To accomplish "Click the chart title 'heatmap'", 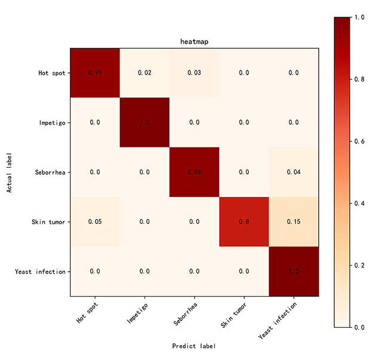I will click(x=194, y=42).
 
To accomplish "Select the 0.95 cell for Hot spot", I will click(x=95, y=72).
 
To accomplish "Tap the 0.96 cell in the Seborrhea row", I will click(x=195, y=172).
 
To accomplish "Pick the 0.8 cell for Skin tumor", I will click(x=244, y=221).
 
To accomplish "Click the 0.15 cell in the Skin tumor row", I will click(x=294, y=221).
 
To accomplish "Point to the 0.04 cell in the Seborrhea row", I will click(x=294, y=172).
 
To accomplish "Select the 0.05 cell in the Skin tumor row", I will click(x=95, y=221).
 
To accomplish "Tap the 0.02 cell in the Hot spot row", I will click(x=144, y=72).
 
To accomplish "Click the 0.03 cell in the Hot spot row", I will click(x=195, y=72).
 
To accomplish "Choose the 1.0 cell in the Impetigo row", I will click(x=144, y=122).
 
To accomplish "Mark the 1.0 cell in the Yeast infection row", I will click(x=294, y=271).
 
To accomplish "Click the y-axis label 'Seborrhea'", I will click(x=51, y=172).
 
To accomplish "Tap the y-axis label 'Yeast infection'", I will click(x=40, y=272).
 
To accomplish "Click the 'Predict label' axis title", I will click(x=194, y=346).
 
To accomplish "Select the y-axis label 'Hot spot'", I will click(x=53, y=73).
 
